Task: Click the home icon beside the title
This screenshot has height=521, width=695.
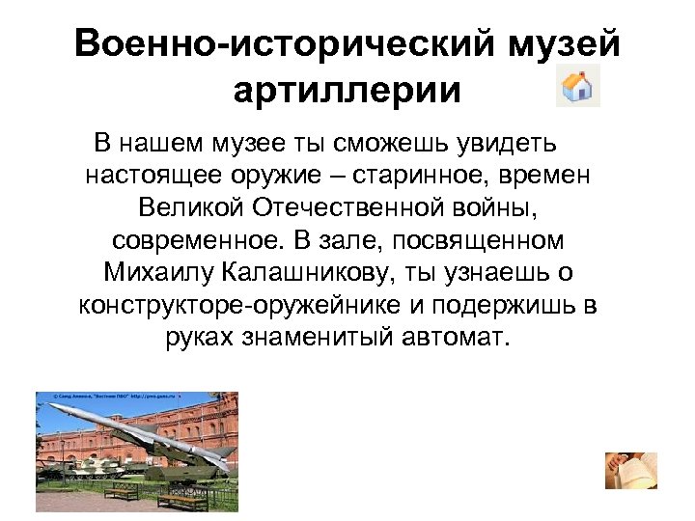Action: [x=577, y=87]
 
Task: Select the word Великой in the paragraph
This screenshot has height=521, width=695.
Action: [x=192, y=207]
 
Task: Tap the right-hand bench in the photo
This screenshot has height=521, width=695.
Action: [x=182, y=500]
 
